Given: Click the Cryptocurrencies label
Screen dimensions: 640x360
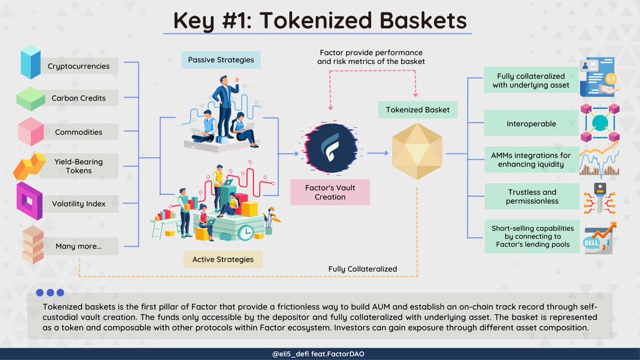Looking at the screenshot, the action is pos(78,67).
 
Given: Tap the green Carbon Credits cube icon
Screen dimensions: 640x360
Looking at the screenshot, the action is pos(30,99).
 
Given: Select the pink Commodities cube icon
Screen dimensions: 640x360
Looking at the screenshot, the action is pos(30,132).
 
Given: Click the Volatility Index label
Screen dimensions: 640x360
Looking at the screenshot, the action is pos(78,204).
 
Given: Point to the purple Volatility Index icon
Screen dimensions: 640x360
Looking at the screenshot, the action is pos(29,201).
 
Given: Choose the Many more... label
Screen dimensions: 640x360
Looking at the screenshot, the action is pos(78,246).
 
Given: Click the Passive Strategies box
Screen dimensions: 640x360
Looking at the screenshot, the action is pos(221,60).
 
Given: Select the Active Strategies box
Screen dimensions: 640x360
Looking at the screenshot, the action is pos(223,260).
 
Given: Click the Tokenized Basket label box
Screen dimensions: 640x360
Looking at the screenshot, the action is pos(418,110).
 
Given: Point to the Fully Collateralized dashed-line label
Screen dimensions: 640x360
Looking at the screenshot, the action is pos(363,269).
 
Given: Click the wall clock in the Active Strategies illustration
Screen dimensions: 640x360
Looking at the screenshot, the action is pos(246,233).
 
